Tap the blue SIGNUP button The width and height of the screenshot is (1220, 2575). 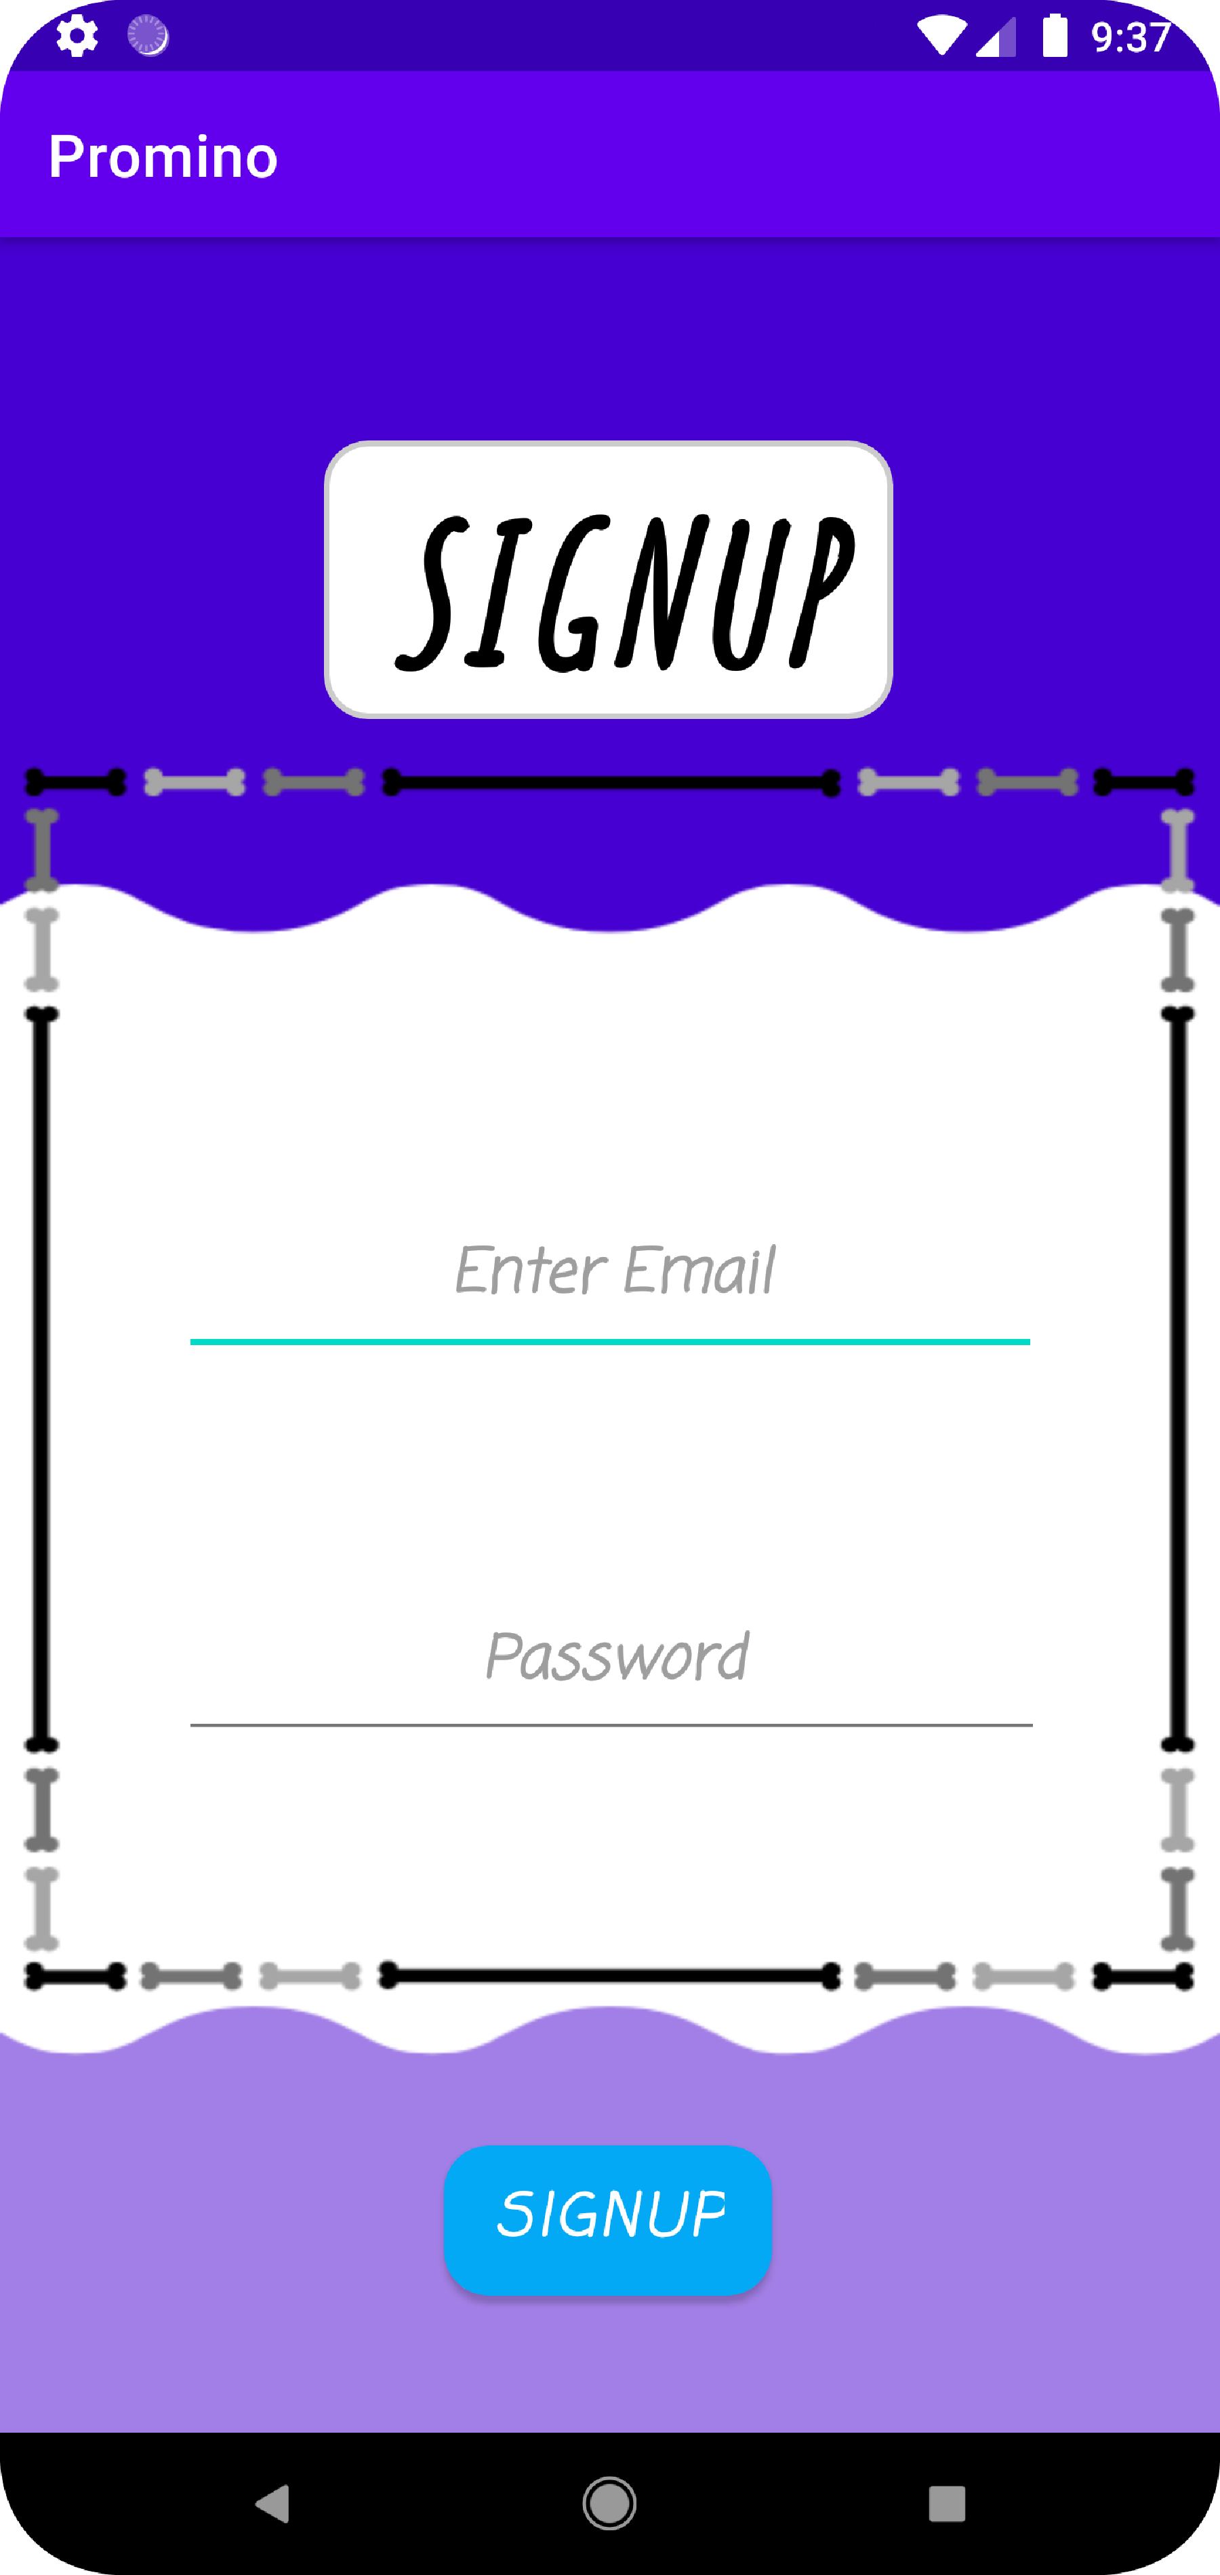608,2219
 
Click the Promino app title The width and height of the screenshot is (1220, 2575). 163,157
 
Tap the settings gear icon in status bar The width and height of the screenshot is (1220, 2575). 77,37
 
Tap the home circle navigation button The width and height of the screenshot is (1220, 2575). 609,2503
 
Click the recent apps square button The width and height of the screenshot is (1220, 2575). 946,2503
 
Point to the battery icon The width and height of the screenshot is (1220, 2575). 1055,37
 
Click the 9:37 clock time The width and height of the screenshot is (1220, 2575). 1131,37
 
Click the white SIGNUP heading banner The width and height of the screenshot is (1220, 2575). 608,580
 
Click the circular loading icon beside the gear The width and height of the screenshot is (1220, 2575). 148,37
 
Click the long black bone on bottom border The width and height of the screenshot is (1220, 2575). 609,1975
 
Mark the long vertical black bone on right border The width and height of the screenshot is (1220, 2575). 1178,1380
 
